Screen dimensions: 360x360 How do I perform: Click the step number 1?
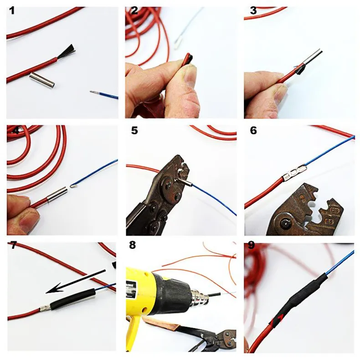tap(12, 11)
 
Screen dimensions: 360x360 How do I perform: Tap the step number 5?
tap(134, 130)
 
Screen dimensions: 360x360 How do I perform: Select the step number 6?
tap(253, 130)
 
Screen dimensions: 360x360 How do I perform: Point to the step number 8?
tap(132, 245)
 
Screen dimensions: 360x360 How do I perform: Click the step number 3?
tap(253, 11)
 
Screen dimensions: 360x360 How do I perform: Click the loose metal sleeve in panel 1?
tap(42, 79)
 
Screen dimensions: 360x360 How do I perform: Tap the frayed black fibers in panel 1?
tap(67, 51)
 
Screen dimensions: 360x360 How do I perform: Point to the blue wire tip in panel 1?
tap(93, 92)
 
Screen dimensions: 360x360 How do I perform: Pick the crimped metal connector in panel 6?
tap(294, 172)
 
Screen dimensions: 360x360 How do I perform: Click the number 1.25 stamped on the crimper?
tap(334, 210)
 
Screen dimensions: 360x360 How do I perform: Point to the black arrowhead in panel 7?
tap(53, 288)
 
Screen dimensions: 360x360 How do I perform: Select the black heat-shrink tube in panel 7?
tap(73, 299)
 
